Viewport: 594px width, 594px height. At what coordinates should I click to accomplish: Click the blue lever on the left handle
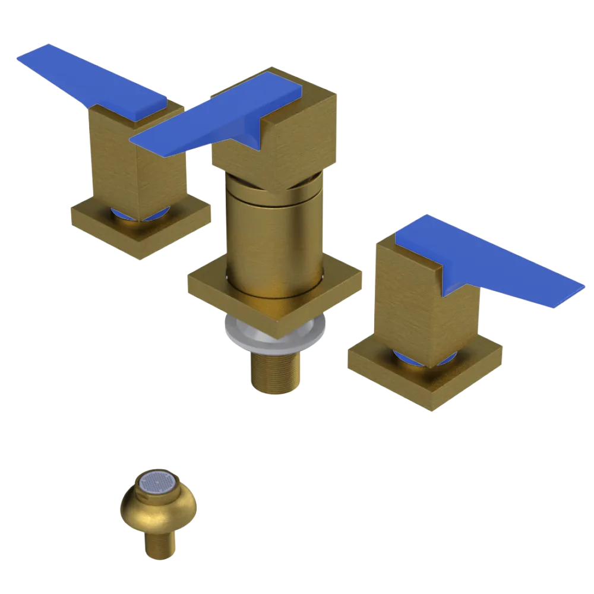point(89,83)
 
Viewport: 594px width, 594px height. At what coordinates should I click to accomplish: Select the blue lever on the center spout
point(220,119)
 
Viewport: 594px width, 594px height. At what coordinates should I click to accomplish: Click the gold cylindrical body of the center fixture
point(273,238)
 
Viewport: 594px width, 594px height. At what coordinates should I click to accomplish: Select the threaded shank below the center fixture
point(274,371)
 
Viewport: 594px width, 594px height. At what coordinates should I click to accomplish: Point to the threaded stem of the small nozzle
point(159,544)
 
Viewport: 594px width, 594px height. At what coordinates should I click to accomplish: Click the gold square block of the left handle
point(137,160)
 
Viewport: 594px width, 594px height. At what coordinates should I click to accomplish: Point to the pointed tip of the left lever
point(27,56)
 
